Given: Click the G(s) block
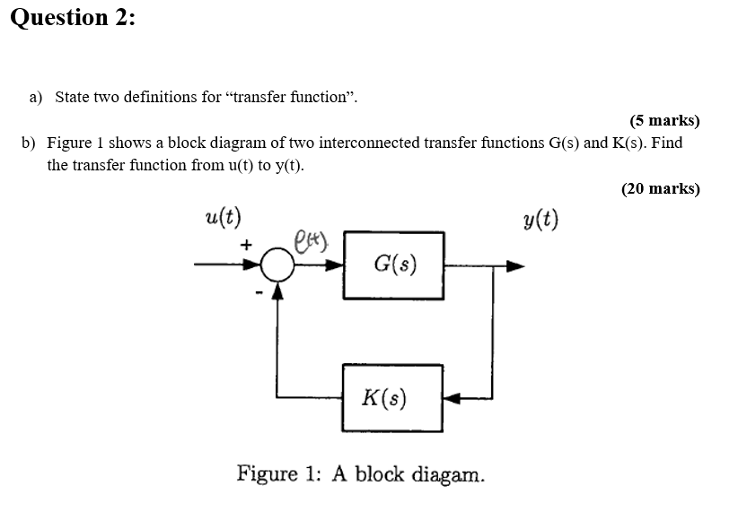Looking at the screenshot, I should click(x=394, y=265).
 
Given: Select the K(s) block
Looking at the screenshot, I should click(x=391, y=397).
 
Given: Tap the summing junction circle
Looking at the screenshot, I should click(x=278, y=265).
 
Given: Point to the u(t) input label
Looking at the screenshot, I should click(x=222, y=218).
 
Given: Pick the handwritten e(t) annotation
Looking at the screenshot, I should click(x=312, y=239).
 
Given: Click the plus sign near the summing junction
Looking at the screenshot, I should click(x=244, y=243).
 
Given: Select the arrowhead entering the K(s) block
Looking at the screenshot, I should click(x=452, y=397).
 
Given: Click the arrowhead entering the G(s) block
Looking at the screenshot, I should click(x=337, y=265).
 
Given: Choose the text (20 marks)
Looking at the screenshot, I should click(x=660, y=188).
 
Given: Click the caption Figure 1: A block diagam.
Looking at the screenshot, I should click(x=360, y=473).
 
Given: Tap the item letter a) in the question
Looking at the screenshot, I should click(x=35, y=96).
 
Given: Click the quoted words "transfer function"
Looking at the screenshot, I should click(x=293, y=96).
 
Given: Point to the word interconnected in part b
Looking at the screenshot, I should click(x=369, y=143).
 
